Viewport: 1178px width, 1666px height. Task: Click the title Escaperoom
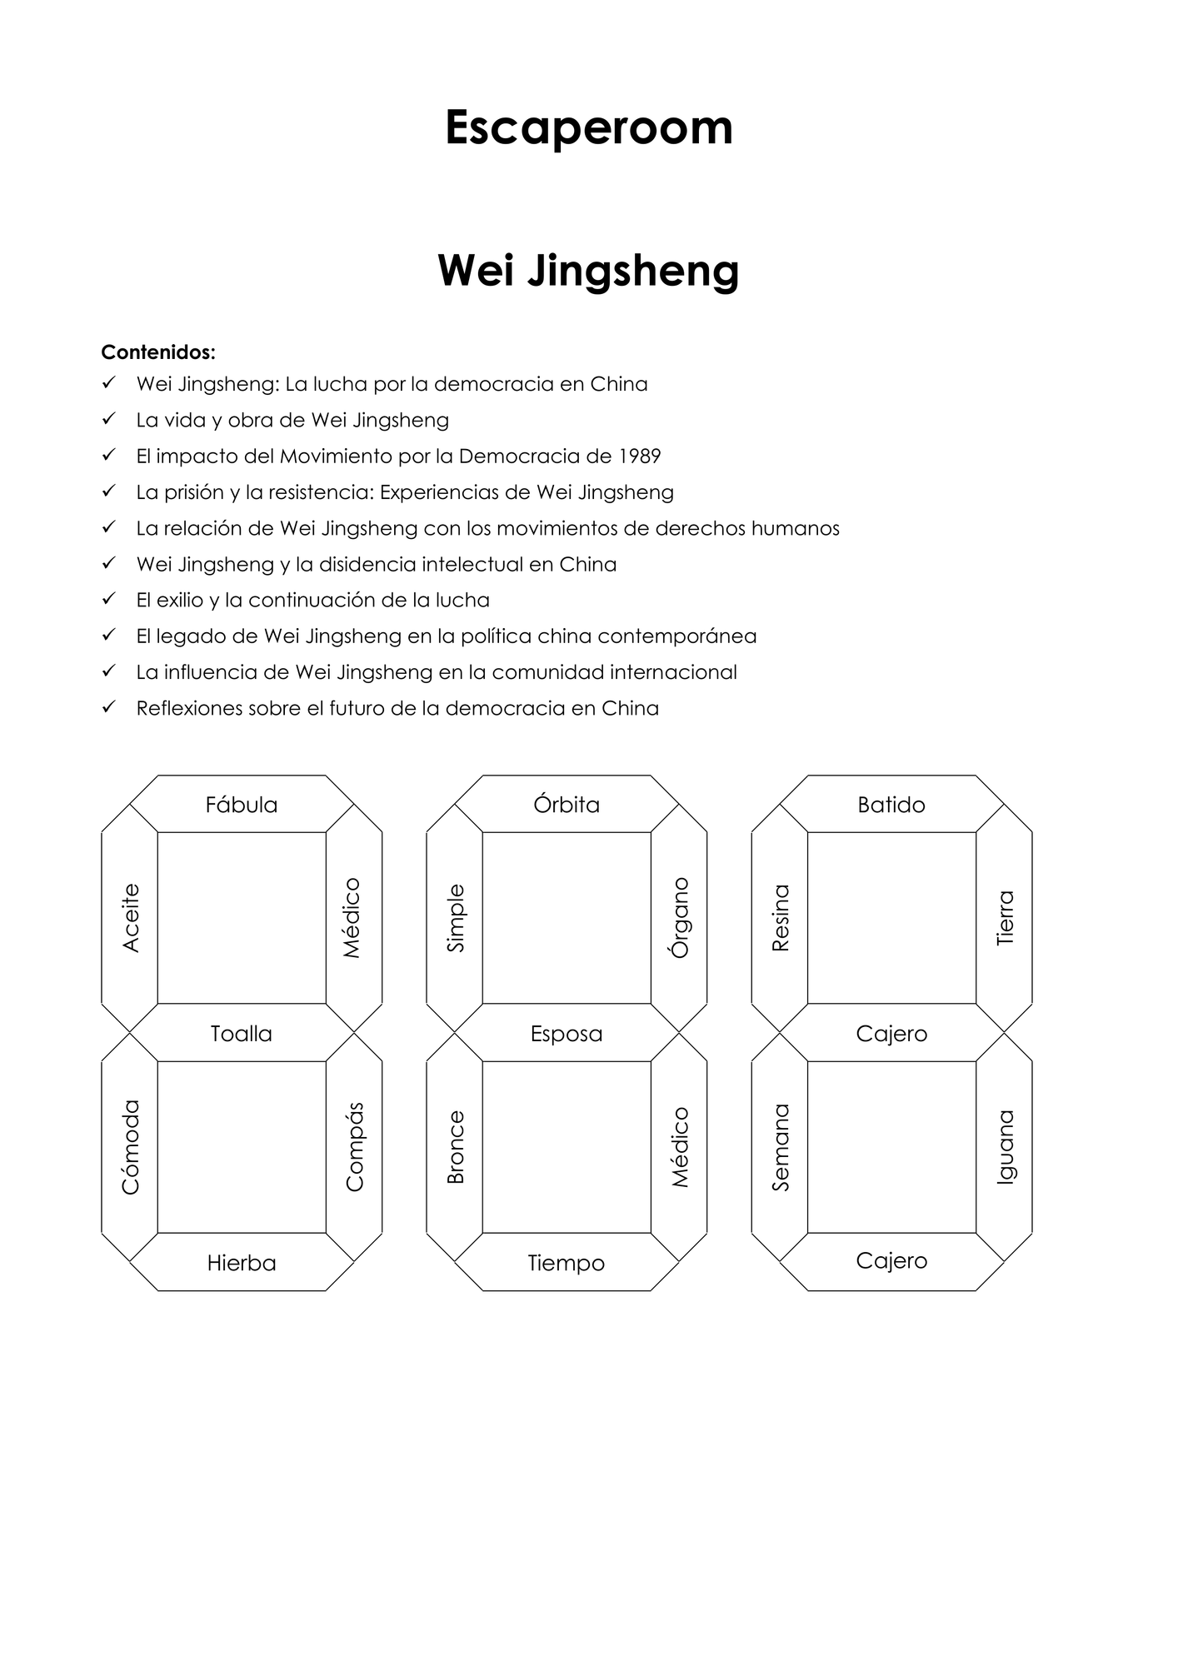pos(589,127)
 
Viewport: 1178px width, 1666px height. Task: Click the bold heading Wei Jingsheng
pos(589,271)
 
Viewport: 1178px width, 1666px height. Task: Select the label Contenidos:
pos(158,352)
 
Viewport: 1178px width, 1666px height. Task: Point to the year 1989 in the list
pos(640,456)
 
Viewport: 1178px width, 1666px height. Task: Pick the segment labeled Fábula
pos(242,804)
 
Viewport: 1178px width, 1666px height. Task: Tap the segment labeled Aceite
pos(130,918)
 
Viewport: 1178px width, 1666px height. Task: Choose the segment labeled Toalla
pos(242,1033)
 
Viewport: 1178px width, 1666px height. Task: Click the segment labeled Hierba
pos(242,1262)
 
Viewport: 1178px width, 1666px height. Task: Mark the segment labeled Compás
pos(354,1147)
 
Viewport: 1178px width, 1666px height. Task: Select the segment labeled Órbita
pos(567,804)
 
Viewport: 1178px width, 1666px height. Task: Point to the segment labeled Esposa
pos(567,1033)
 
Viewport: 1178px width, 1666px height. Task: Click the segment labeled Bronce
pos(455,1147)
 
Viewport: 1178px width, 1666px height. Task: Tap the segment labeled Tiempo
pos(567,1262)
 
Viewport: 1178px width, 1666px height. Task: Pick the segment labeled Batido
pos(891,804)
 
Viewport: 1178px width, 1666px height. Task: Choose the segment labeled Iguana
pos(1004,1147)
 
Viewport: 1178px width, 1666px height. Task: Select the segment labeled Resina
pos(780,918)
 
